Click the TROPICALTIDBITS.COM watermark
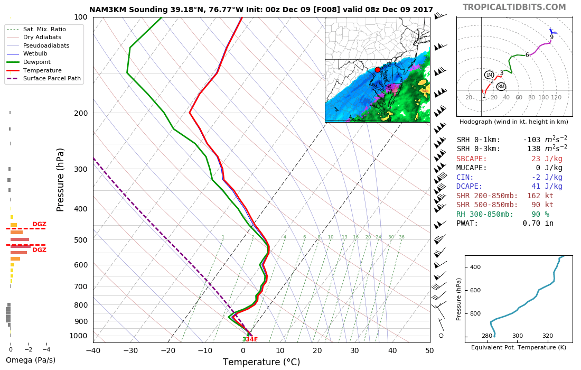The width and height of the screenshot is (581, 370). click(514, 7)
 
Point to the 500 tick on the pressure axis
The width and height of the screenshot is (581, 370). click(80, 240)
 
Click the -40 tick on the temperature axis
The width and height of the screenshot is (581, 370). click(93, 350)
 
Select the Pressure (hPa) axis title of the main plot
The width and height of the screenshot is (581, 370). click(61, 180)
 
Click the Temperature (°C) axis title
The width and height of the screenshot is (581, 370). click(261, 362)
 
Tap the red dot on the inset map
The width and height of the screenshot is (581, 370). click(377, 70)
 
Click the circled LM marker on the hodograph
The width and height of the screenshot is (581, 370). click(489, 75)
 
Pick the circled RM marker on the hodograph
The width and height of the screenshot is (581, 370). click(501, 87)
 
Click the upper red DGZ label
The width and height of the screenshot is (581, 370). click(40, 224)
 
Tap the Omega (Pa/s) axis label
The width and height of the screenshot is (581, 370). click(30, 360)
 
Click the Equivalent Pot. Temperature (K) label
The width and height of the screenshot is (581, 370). click(518, 347)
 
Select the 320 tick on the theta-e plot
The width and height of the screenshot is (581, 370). click(548, 336)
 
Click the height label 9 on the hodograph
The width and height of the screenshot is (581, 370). click(551, 38)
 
